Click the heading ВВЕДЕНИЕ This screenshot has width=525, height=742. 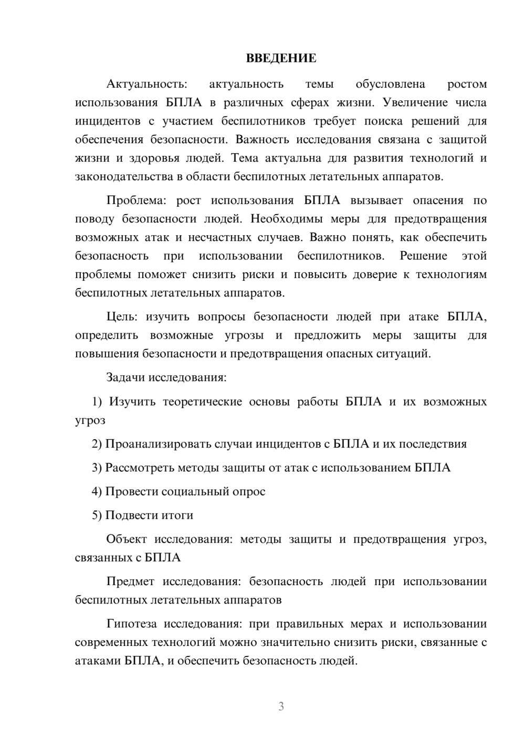(x=281, y=58)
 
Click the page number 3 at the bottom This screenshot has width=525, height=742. (x=281, y=706)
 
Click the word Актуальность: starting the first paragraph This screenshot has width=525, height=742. (x=146, y=84)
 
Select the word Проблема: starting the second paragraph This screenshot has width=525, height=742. (x=139, y=200)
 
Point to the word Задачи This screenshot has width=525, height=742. (x=126, y=377)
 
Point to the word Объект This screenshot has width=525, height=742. (x=126, y=539)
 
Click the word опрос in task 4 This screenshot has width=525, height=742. (x=250, y=492)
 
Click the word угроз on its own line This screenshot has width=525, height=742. (x=90, y=421)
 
